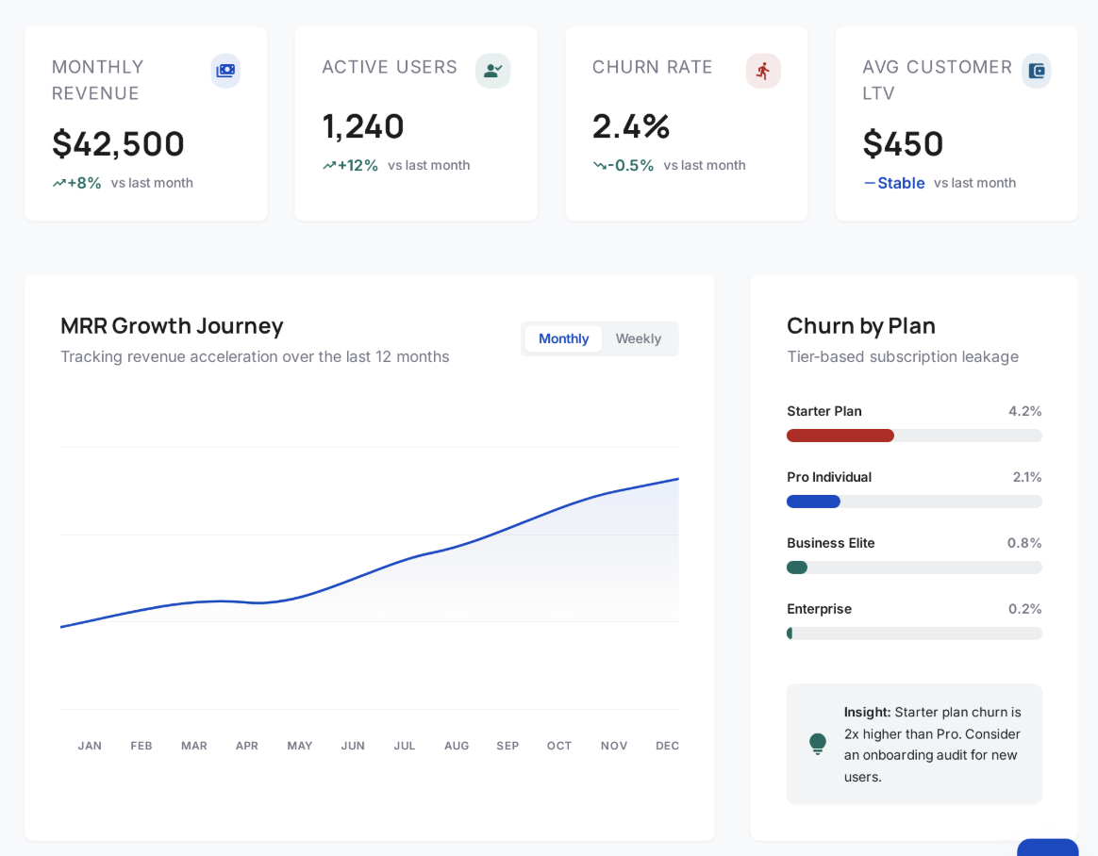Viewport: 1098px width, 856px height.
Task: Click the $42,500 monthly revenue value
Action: click(x=118, y=144)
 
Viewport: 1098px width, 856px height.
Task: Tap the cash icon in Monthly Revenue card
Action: click(x=225, y=71)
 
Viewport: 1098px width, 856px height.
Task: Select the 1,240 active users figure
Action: click(x=363, y=126)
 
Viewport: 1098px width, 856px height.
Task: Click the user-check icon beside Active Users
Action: click(x=492, y=71)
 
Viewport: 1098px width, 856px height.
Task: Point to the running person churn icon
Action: click(x=763, y=71)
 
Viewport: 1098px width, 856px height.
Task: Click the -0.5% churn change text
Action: click(x=630, y=165)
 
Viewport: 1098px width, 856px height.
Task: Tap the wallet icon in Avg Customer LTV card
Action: click(x=1036, y=71)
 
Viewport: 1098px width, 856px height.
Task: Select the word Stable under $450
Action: click(x=901, y=183)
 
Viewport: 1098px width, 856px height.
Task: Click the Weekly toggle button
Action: click(x=639, y=338)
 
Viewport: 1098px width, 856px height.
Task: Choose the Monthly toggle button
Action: click(x=563, y=338)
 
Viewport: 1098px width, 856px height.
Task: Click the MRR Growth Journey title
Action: click(x=172, y=325)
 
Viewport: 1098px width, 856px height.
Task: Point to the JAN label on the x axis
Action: click(x=90, y=746)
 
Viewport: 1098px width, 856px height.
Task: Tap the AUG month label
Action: click(x=457, y=746)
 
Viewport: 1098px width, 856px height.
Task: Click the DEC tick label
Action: click(x=667, y=746)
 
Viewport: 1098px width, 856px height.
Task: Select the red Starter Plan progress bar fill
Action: click(x=840, y=436)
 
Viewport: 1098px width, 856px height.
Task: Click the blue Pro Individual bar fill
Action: click(x=813, y=502)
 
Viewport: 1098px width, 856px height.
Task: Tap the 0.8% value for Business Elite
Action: click(x=1024, y=543)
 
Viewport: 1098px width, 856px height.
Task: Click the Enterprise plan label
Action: click(x=819, y=609)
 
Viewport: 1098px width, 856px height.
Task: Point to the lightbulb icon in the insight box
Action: click(x=818, y=744)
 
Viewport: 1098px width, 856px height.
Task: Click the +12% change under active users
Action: click(x=358, y=165)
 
